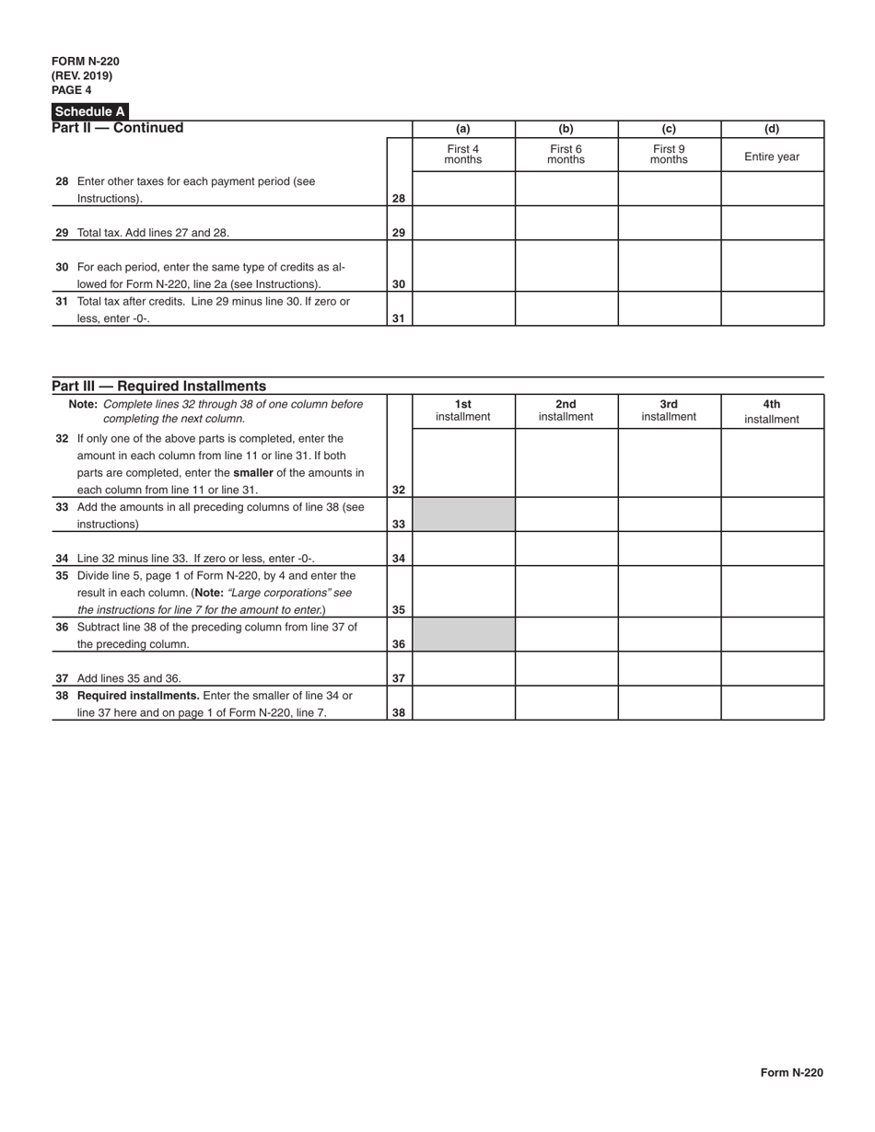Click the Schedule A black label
[89, 111]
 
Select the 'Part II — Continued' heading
[118, 128]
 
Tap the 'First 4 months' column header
[462, 154]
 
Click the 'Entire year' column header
[772, 156]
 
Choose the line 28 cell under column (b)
[566, 189]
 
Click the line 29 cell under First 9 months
[669, 223]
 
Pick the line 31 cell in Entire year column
[772, 308]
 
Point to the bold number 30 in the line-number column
[399, 284]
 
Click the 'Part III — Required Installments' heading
[158, 386]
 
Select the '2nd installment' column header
[566, 410]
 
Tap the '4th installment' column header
[772, 411]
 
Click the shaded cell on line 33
[462, 514]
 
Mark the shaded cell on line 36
[462, 634]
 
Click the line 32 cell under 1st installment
[462, 463]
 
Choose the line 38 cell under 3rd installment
[669, 703]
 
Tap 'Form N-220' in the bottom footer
[791, 1072]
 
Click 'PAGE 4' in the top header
[72, 90]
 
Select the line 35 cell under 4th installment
[772, 592]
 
